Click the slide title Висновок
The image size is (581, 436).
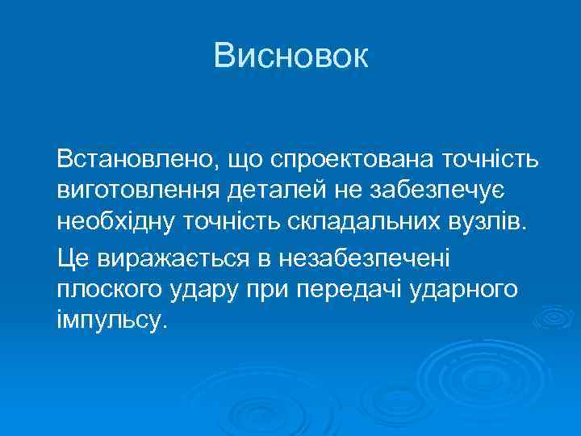(290, 56)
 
